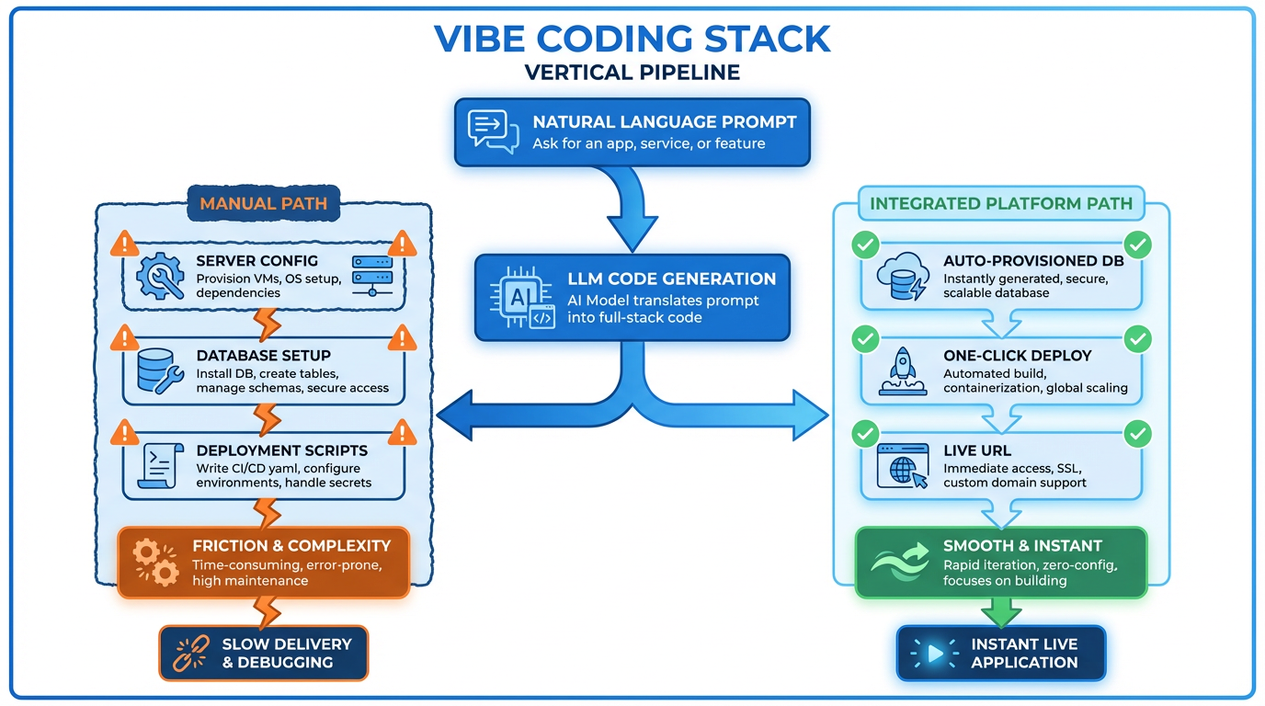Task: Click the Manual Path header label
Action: click(x=264, y=203)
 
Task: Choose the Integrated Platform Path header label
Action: click(x=1001, y=203)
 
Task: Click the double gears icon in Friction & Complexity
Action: click(x=154, y=563)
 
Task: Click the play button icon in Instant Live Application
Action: click(x=934, y=653)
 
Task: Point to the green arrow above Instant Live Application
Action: click(x=1001, y=609)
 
